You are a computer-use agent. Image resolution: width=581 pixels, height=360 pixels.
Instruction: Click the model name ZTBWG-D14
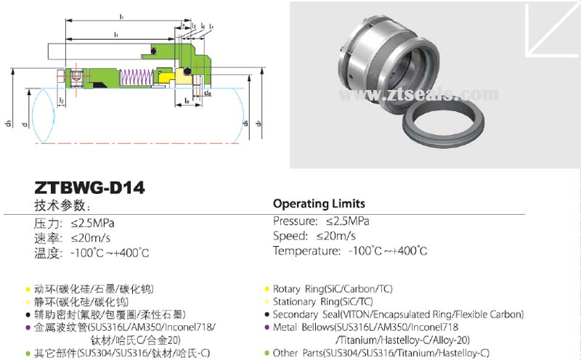tap(89, 188)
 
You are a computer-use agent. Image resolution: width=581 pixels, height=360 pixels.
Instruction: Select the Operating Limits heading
tap(319, 203)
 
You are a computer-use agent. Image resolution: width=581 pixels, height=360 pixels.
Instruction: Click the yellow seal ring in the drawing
tap(168, 75)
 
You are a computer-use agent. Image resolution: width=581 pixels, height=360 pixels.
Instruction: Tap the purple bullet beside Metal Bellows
tap(267, 327)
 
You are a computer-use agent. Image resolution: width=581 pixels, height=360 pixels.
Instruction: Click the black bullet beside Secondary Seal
tap(267, 314)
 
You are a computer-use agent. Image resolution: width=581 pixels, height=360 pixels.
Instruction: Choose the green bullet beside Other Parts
tap(267, 353)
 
